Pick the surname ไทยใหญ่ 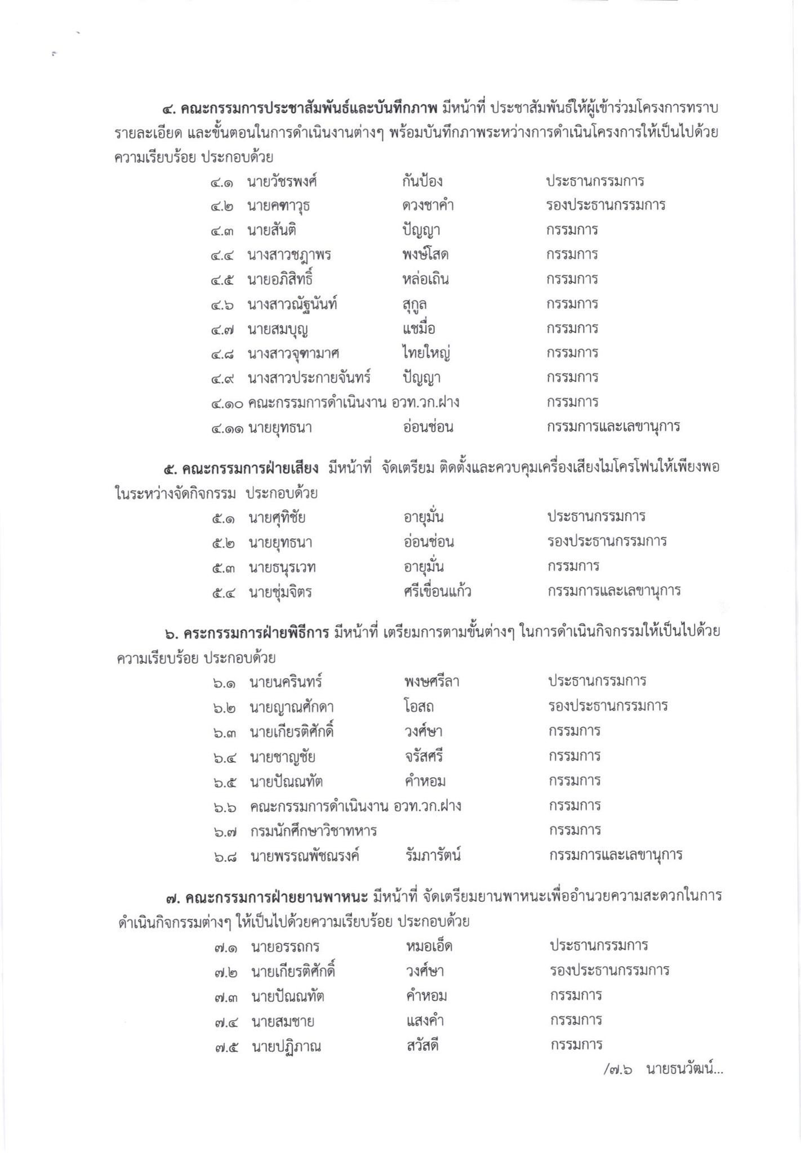coord(423,354)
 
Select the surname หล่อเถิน coord(422,279)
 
